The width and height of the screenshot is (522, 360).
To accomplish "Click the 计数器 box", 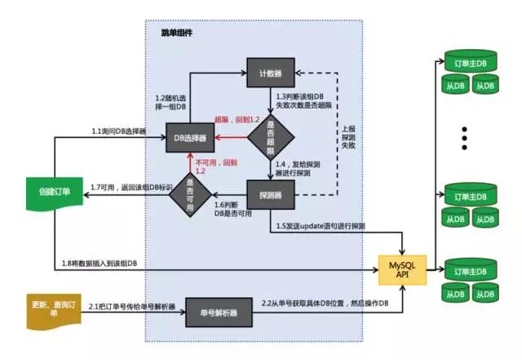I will point(270,73).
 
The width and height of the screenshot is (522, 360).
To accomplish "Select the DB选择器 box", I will point(191,138).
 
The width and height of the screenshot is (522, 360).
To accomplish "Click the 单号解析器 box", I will point(218,313).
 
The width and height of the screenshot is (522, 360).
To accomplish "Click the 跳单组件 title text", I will point(177,33).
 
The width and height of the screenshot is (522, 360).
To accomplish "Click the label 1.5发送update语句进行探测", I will point(317,224).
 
